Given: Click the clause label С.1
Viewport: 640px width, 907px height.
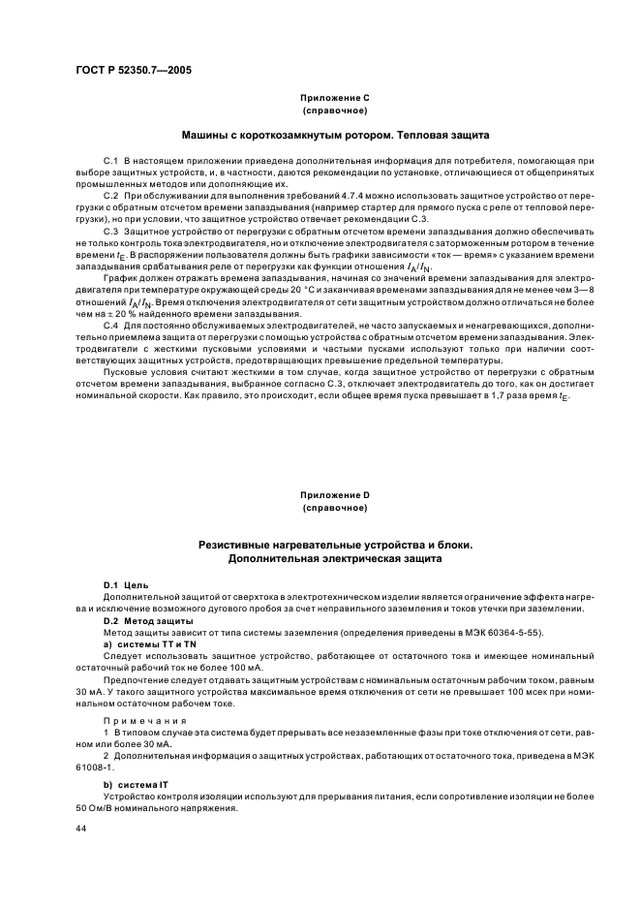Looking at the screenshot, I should [109, 159].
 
